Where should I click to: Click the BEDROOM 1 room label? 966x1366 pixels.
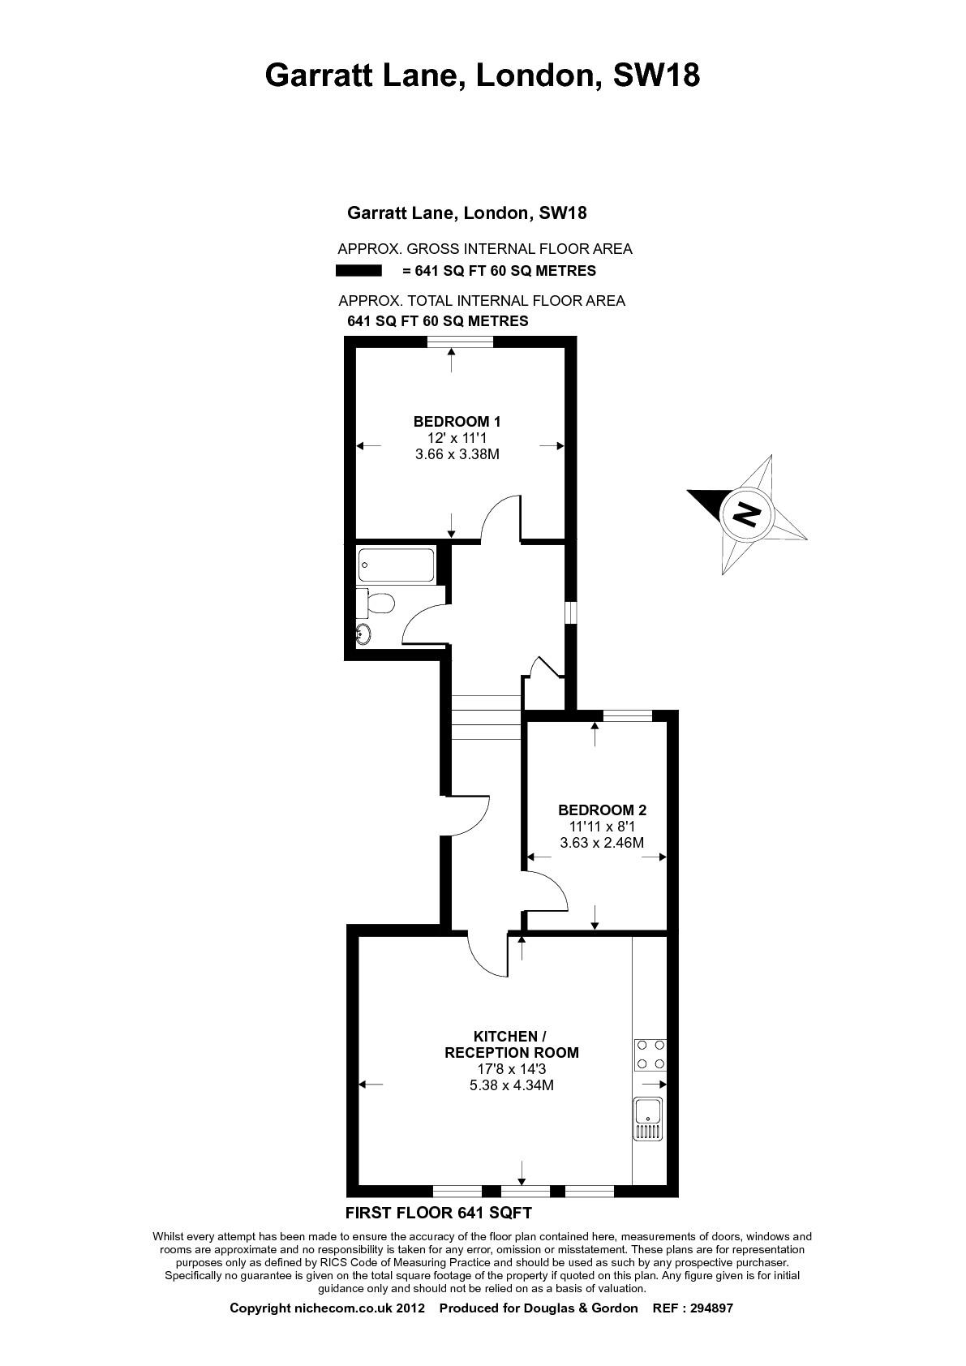(457, 421)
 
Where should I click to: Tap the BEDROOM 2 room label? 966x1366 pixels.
(602, 810)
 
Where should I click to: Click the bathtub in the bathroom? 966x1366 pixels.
(397, 565)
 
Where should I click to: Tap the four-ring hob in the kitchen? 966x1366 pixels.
(650, 1055)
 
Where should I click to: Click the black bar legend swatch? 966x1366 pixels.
(358, 270)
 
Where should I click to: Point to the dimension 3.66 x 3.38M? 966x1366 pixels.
(457, 453)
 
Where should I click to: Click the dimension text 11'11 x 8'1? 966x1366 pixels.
(602, 827)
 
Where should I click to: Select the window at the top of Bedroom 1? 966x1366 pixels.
(460, 341)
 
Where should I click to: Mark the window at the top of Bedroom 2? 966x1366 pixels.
(628, 715)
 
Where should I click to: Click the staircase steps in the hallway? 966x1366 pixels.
(486, 716)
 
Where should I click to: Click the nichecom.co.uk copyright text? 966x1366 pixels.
(326, 1308)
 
